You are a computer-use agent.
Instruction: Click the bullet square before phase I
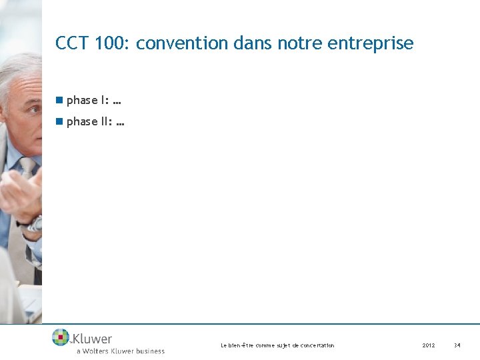coord(59,100)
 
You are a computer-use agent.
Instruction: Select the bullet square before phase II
coord(59,121)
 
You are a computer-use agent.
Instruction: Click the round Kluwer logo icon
coord(61,337)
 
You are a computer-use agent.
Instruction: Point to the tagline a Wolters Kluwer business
coord(120,351)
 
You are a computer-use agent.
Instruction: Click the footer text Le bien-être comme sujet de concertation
coord(277,345)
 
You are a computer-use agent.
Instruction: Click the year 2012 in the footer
coord(428,345)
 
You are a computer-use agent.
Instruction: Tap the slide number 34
coord(457,345)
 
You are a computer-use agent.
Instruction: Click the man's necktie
coord(27,167)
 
